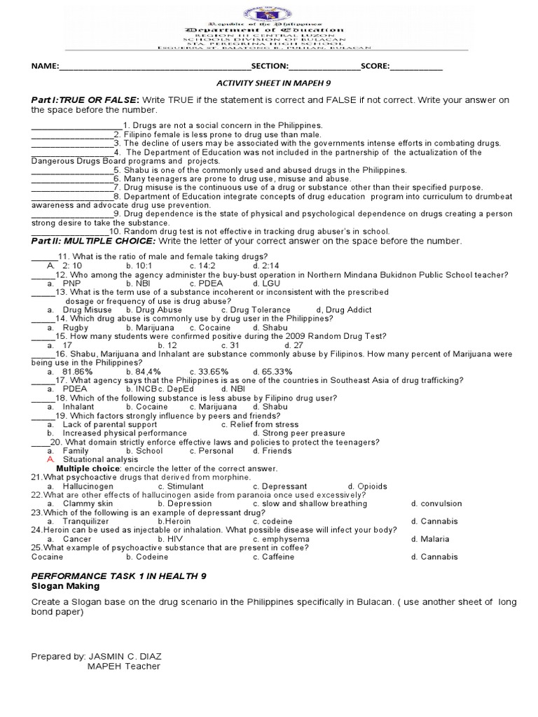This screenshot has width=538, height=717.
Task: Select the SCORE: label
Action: (x=375, y=67)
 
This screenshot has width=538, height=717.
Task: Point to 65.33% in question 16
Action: (x=273, y=371)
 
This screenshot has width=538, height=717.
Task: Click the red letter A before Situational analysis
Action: (x=50, y=459)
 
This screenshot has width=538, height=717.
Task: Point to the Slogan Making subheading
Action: (x=66, y=585)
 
